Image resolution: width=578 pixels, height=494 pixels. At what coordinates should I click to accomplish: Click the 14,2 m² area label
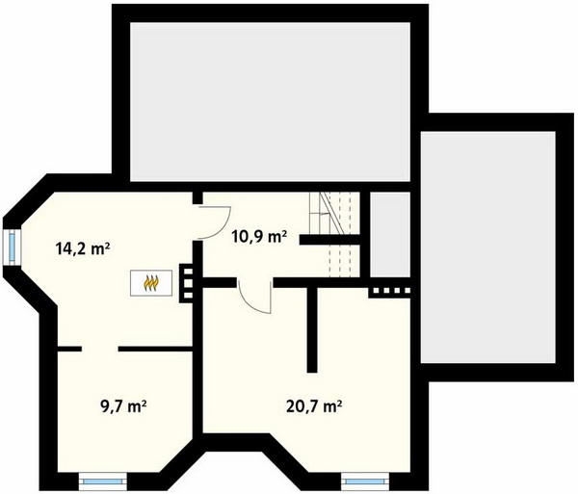click(83, 249)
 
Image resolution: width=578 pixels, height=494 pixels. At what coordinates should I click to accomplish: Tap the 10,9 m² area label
click(259, 237)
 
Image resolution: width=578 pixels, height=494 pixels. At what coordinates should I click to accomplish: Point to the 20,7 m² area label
click(314, 406)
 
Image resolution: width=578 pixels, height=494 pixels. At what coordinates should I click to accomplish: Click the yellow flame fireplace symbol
click(151, 282)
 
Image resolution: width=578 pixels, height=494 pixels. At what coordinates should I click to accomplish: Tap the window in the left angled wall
click(12, 247)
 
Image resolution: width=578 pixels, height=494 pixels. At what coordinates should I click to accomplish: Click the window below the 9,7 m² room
click(103, 481)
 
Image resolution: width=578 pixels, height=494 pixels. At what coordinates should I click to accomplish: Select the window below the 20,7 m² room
click(364, 481)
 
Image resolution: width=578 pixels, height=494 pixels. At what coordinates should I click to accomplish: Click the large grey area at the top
click(270, 102)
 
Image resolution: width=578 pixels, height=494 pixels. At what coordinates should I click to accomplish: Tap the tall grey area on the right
click(488, 247)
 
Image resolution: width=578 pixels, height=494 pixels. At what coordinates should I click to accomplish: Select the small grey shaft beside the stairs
click(390, 235)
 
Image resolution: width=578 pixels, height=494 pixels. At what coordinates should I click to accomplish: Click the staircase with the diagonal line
click(334, 235)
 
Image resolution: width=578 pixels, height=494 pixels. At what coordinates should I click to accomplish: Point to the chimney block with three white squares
click(188, 284)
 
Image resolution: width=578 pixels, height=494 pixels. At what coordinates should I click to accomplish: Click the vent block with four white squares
click(390, 291)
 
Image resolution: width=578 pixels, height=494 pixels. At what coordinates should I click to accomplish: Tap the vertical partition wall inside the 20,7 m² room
click(312, 329)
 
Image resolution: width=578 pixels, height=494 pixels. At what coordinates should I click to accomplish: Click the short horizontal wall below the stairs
click(329, 240)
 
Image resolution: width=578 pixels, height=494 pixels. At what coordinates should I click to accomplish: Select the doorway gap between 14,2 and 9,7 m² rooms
click(99, 349)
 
